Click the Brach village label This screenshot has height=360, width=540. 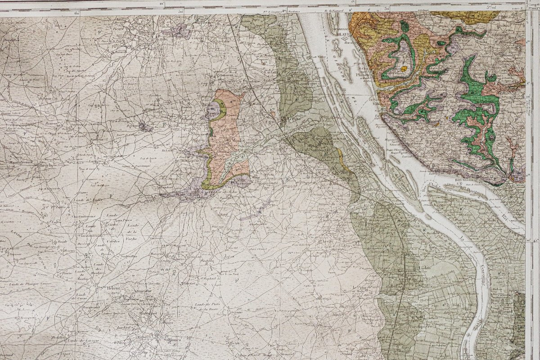[x=46, y=165]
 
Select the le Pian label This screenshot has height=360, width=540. [x=358, y=288]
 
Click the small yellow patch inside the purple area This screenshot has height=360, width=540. [x=404, y=68]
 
